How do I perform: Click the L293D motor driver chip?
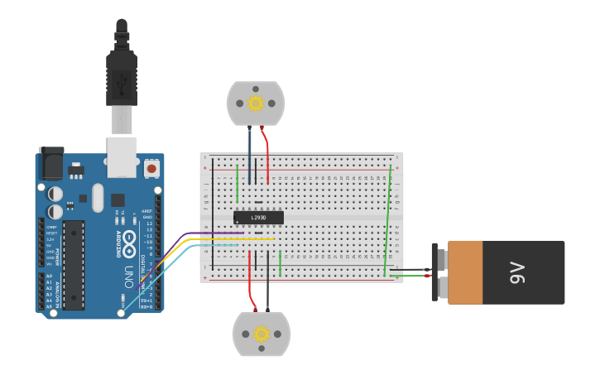pos(258,218)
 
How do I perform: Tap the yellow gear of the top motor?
pos(256,103)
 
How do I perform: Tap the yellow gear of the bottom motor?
pos(262,334)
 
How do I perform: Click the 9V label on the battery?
pos(517,272)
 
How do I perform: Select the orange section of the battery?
pos(464,272)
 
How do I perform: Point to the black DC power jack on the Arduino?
pos(50,163)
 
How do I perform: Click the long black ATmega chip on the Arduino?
pos(74,265)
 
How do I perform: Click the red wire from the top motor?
pos(266,153)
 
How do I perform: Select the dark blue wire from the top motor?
pos(250,153)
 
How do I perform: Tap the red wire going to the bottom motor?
pos(250,277)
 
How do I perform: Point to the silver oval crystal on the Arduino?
pos(98,197)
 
